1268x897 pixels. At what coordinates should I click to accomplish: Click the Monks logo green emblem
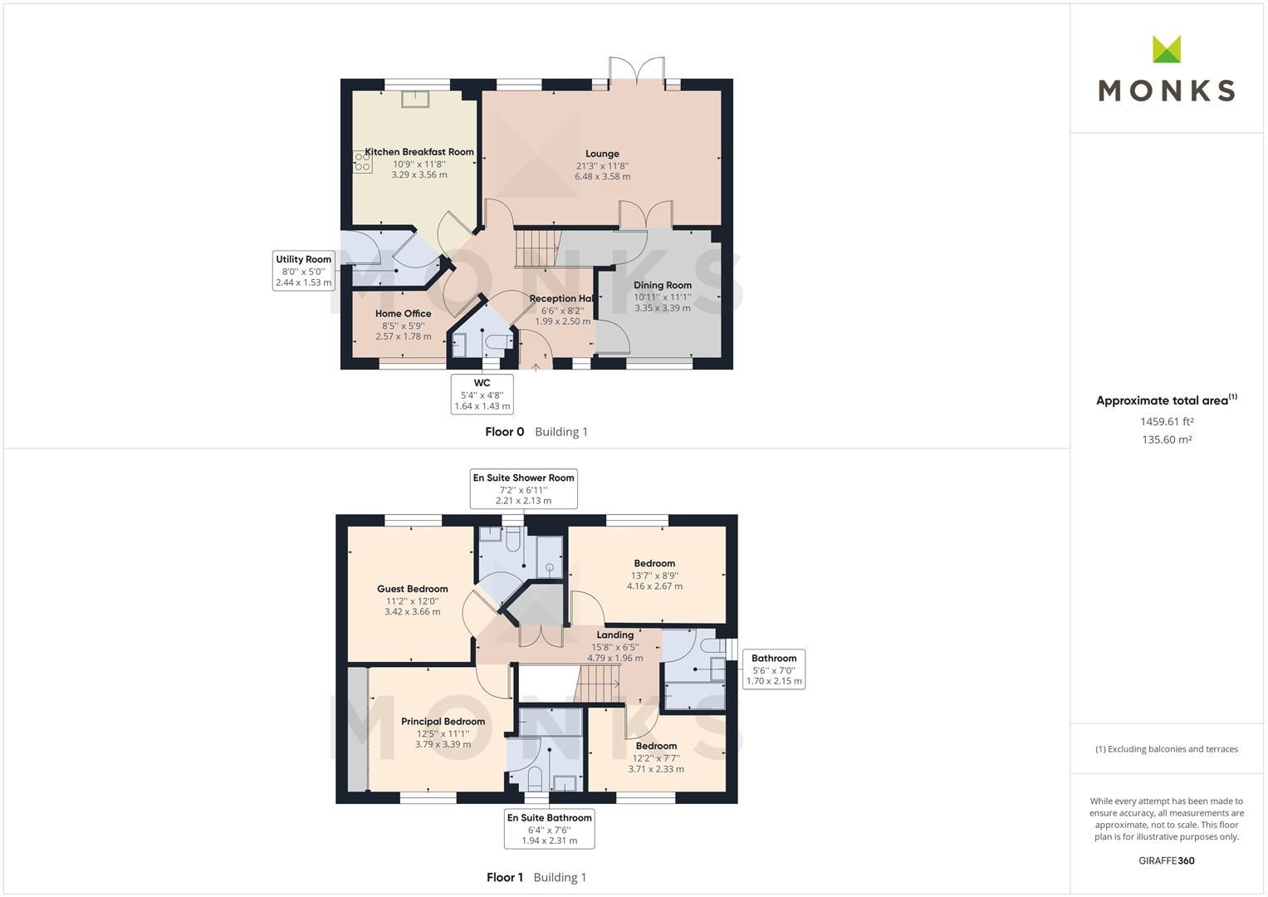[x=1166, y=49]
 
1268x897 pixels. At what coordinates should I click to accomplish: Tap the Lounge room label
[x=602, y=154]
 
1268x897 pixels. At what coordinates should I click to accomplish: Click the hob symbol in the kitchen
[x=362, y=161]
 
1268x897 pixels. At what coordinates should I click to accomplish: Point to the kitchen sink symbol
[x=414, y=99]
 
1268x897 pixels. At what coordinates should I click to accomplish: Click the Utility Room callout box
[x=303, y=271]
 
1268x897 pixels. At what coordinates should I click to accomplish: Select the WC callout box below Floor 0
[x=482, y=394]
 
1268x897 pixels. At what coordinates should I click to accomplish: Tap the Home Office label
[x=403, y=314]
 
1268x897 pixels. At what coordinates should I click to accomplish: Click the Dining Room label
[x=662, y=285]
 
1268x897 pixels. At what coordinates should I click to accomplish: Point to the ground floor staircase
[x=536, y=248]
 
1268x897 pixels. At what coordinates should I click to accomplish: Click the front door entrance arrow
[x=536, y=365]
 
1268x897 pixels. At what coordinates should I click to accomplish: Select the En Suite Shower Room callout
[x=523, y=489]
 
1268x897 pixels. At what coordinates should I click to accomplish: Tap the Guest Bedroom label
[x=412, y=589]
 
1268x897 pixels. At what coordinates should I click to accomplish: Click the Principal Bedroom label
[x=443, y=722]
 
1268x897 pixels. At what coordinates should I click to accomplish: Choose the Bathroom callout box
[x=773, y=669]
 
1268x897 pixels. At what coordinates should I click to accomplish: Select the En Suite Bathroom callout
[x=549, y=829]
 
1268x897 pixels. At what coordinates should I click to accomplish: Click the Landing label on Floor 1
[x=614, y=635]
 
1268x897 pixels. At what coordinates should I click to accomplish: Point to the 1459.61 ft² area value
[x=1166, y=421]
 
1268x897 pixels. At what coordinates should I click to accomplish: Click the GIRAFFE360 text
[x=1166, y=860]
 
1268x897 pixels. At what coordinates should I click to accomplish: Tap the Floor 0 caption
[x=505, y=432]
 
